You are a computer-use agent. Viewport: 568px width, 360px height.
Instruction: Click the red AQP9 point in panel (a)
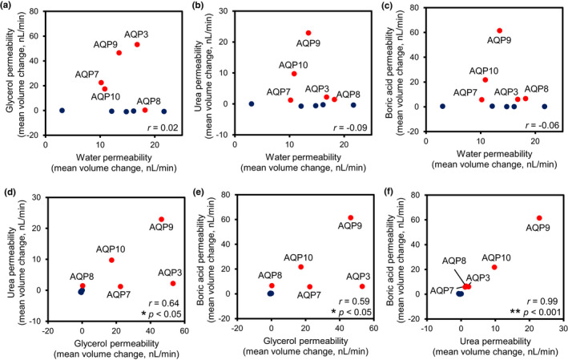click(119, 53)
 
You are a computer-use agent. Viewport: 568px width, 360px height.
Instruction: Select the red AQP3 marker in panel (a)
click(137, 45)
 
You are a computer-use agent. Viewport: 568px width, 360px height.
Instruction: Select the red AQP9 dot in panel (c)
click(499, 30)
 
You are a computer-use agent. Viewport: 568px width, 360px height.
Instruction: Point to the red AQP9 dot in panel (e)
click(350, 218)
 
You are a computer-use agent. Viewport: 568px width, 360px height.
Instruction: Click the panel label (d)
click(10, 192)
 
